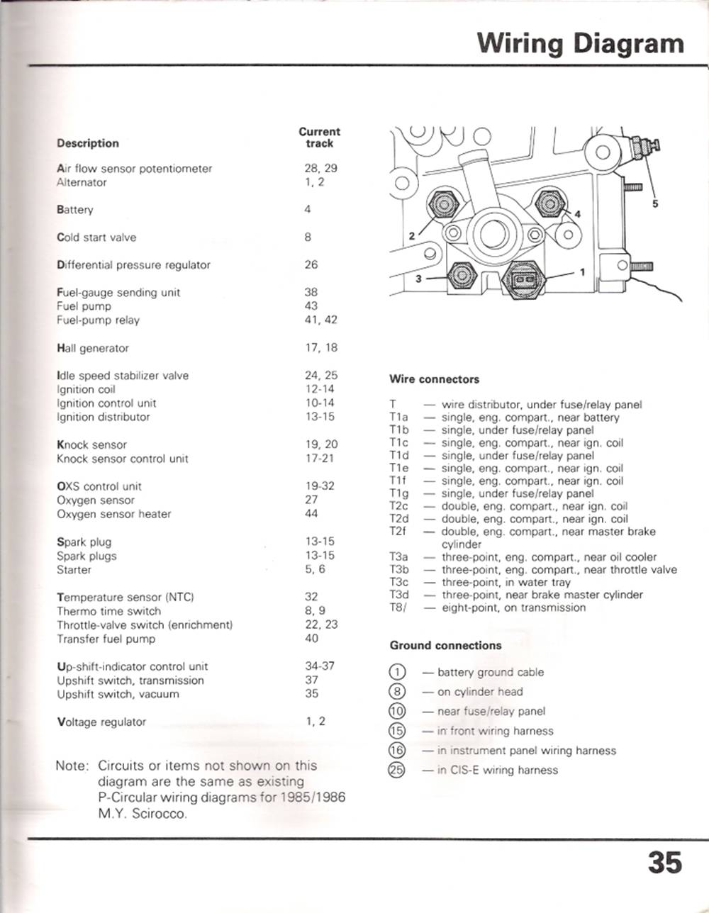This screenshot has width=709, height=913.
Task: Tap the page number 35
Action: click(664, 863)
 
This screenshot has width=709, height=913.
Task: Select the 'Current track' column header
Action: click(319, 138)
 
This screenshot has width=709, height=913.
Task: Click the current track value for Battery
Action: click(308, 210)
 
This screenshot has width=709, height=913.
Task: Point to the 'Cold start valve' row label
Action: click(96, 237)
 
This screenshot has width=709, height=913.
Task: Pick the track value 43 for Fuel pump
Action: click(311, 306)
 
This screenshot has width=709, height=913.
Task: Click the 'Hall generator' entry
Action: click(93, 349)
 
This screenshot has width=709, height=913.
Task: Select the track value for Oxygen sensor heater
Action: click(311, 514)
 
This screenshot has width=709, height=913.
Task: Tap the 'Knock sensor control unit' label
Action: click(123, 459)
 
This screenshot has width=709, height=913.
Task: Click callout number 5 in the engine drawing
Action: click(655, 203)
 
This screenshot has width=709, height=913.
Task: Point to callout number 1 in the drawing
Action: click(583, 271)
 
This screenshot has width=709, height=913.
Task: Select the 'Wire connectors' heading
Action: click(434, 379)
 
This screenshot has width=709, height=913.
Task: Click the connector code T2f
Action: click(398, 532)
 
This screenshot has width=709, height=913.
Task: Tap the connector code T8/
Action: click(398, 607)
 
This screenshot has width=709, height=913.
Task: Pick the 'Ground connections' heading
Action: click(445, 646)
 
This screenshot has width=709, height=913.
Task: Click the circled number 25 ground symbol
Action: click(396, 771)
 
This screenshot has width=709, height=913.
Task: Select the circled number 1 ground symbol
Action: click(396, 672)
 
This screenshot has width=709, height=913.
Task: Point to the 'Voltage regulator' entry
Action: click(101, 722)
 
